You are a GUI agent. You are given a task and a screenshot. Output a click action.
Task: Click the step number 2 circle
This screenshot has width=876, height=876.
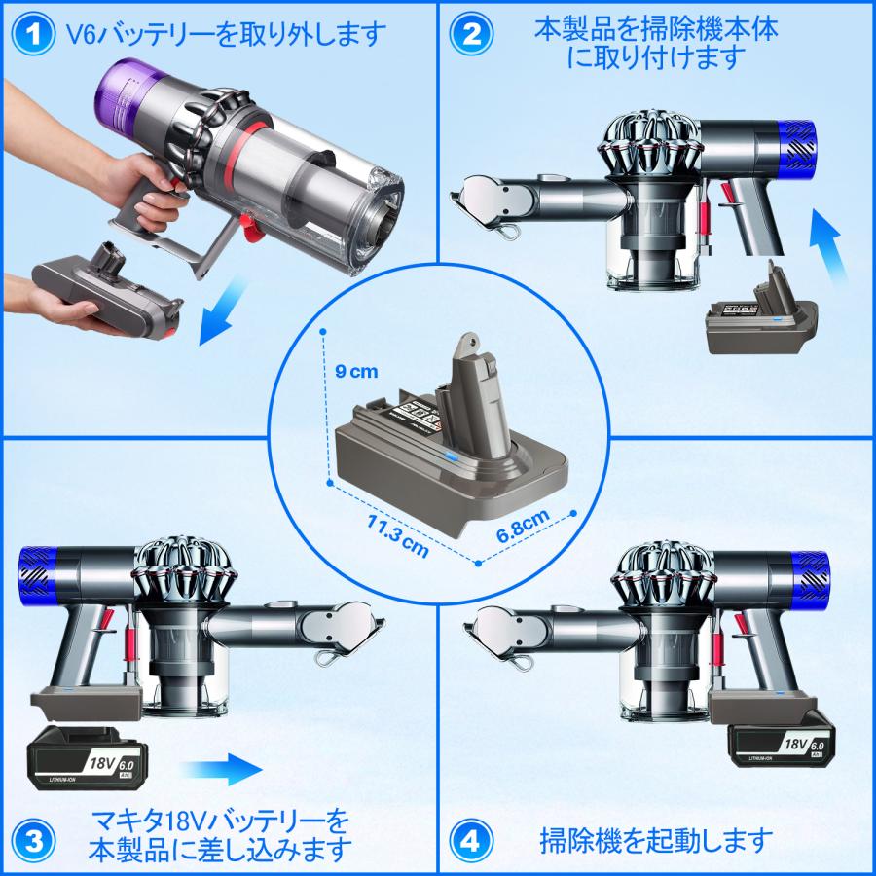point(471,36)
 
